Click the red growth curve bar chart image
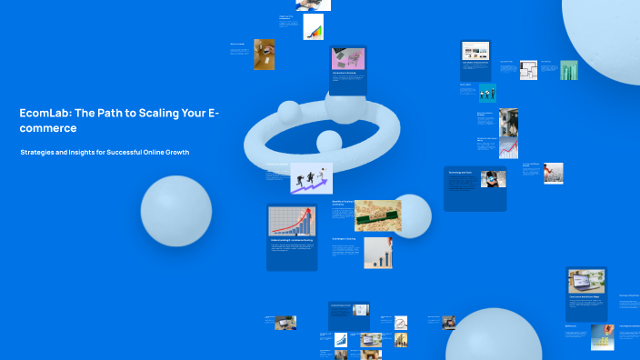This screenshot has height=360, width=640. tap(291, 220)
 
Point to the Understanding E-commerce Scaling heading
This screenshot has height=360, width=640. tap(291, 241)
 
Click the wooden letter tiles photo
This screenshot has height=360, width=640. tap(377, 215)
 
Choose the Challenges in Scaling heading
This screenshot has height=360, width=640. tap(344, 238)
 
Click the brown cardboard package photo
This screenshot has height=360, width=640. tap(265, 54)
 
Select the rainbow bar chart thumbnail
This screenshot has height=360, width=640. tap(314, 27)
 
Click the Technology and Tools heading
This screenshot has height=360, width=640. tap(460, 172)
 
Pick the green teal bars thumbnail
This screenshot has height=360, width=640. tap(569, 71)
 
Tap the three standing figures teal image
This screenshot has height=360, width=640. tap(488, 92)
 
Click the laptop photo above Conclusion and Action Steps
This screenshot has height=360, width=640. tap(586, 281)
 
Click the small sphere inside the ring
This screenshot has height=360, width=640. tap(327, 141)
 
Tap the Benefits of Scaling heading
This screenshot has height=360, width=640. tap(341, 203)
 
